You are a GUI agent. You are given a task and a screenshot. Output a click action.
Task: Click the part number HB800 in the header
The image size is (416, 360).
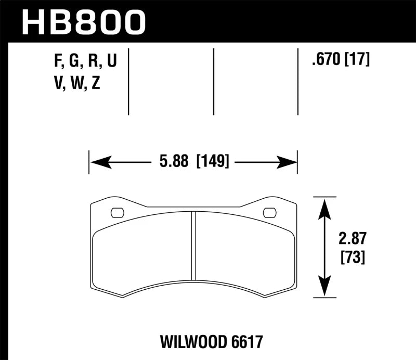83,21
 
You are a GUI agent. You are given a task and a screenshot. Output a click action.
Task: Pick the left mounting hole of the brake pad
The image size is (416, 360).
118,212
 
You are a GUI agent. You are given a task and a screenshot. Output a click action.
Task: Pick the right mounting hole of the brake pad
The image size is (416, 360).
269,212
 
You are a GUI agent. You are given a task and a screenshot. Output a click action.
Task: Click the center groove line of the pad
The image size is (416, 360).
193,245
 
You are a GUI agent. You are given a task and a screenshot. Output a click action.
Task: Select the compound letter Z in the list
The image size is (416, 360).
95,84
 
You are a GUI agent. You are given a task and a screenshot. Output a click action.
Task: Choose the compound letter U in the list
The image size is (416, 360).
111,62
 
